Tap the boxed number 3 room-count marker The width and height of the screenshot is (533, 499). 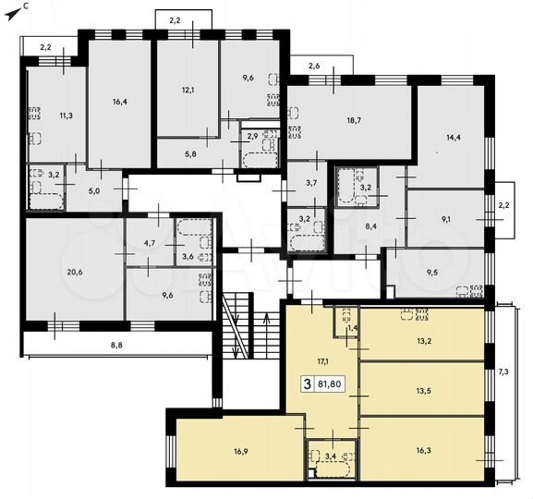click(306, 382)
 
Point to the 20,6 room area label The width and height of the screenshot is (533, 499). click(73, 271)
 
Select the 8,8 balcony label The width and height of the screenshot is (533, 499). click(115, 345)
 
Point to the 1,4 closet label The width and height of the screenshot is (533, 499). click(352, 328)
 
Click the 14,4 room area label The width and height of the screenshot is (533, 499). click(453, 138)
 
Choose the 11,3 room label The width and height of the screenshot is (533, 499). click(66, 116)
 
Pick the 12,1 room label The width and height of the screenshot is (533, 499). click(188, 90)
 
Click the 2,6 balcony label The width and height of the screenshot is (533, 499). click(313, 66)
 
